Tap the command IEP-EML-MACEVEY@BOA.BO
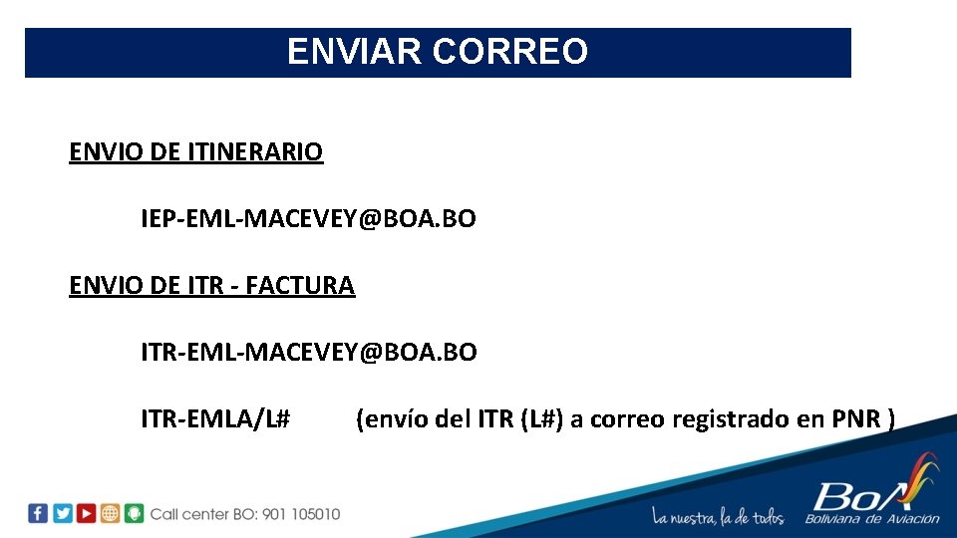(x=308, y=218)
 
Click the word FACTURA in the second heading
(x=300, y=286)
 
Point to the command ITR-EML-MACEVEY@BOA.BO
(x=308, y=352)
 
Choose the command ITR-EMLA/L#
(x=215, y=419)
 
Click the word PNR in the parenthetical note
(x=856, y=419)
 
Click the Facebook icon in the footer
(x=38, y=513)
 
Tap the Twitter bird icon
(x=62, y=513)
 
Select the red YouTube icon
(x=87, y=513)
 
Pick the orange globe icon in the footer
(x=111, y=513)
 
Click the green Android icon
(x=135, y=513)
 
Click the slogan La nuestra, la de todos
(x=718, y=516)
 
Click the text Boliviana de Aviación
(x=872, y=518)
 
